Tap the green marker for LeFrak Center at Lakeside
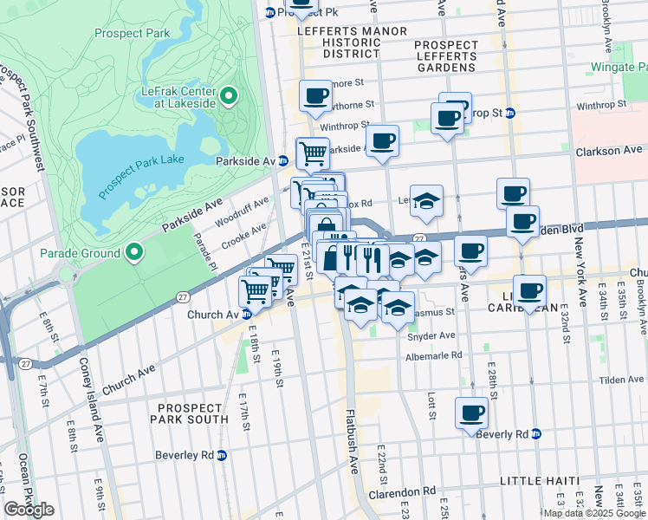[229, 95]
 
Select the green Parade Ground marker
[133, 253]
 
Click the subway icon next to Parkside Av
[283, 161]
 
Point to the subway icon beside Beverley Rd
[221, 454]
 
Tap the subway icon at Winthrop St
[510, 113]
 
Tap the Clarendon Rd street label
[405, 491]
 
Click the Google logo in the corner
[29, 510]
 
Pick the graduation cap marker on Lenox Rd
[425, 201]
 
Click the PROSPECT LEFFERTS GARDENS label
[444, 55]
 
